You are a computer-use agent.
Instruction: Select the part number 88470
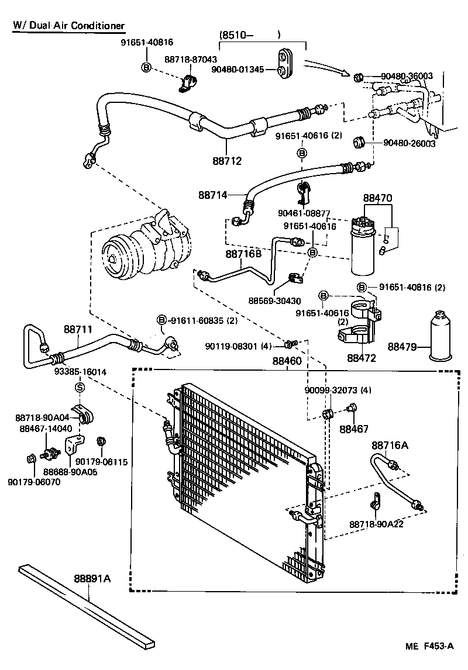click(377, 199)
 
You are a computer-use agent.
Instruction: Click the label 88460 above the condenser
click(287, 361)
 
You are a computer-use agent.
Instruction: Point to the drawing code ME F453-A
click(430, 646)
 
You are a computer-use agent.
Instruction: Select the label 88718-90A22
click(376, 524)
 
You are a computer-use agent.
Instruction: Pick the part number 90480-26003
click(409, 143)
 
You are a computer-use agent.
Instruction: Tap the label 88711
click(78, 330)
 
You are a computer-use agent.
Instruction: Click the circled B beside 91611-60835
click(162, 319)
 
